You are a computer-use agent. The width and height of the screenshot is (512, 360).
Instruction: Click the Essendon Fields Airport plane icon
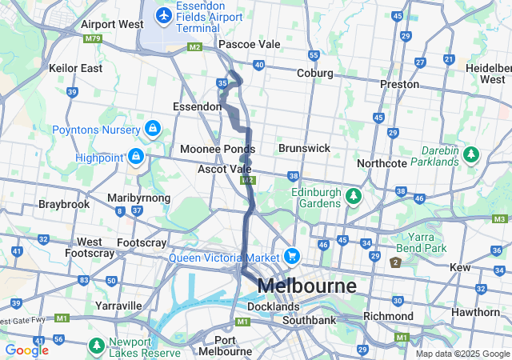click(164, 14)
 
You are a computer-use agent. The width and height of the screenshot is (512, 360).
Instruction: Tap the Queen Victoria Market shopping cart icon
click(292, 257)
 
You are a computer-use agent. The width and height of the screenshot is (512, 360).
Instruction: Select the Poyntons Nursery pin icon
click(152, 128)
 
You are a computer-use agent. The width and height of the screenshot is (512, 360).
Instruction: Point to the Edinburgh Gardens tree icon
click(353, 195)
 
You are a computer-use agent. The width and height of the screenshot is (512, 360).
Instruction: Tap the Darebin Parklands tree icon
click(471, 153)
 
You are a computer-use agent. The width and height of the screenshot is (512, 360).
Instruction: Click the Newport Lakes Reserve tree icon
click(97, 345)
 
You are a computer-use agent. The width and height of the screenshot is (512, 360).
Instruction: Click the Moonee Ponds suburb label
click(217, 149)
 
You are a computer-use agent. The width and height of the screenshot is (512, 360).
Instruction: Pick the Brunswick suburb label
click(304, 148)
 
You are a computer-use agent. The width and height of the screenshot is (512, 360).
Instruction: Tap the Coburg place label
click(314, 72)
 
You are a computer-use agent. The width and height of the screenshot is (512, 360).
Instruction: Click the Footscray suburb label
click(142, 242)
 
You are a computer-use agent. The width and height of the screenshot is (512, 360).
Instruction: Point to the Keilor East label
click(76, 68)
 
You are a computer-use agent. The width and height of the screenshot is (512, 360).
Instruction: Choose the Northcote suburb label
click(382, 163)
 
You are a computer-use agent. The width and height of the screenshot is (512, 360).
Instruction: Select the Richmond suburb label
click(387, 316)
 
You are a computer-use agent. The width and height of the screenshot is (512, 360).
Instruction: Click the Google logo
click(26, 350)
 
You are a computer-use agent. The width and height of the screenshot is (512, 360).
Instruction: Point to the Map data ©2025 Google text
click(462, 354)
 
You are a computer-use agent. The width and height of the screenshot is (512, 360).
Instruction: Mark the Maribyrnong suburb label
click(138, 198)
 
